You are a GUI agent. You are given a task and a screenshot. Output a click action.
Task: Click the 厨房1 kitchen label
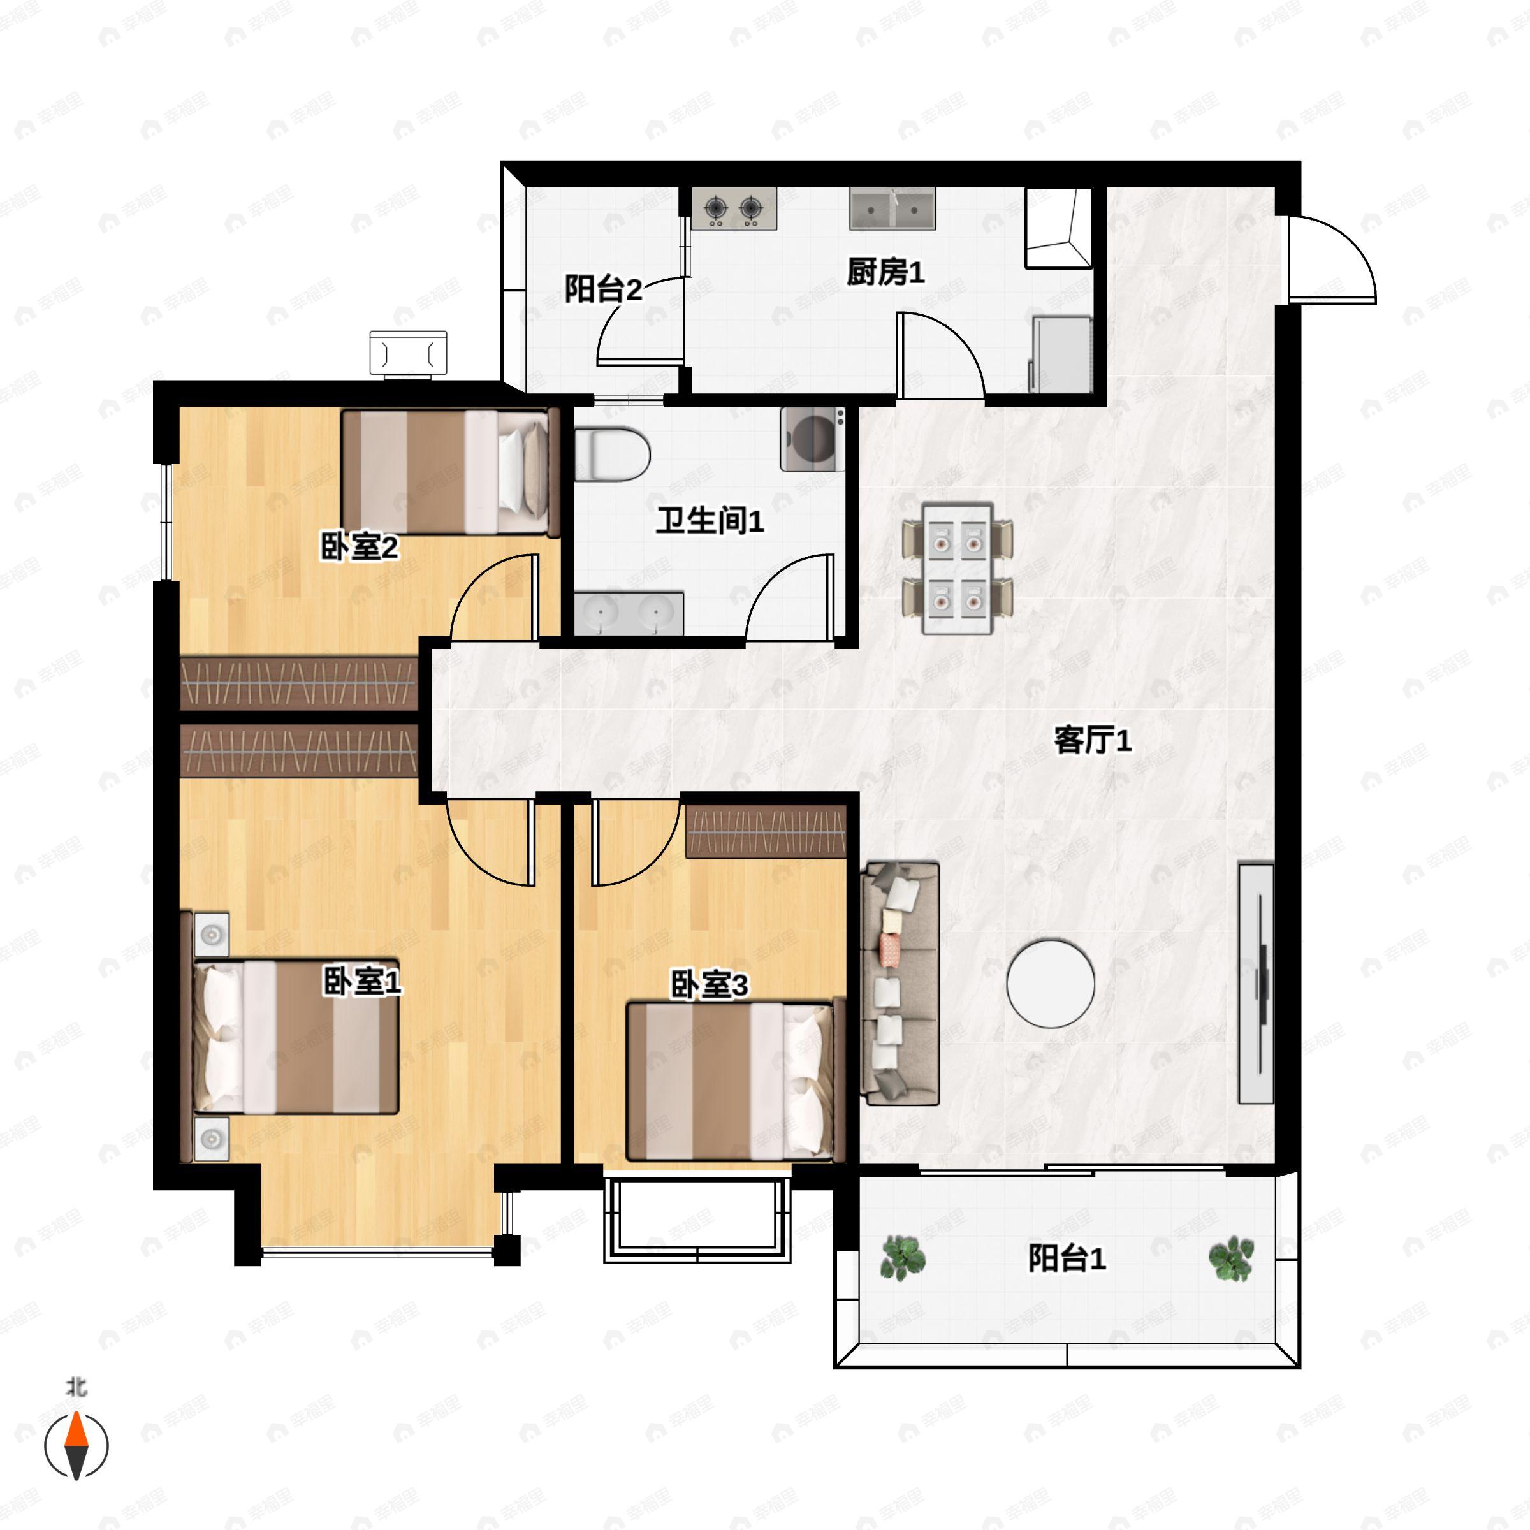[x=885, y=273]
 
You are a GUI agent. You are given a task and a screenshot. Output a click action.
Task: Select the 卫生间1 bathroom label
[x=710, y=521]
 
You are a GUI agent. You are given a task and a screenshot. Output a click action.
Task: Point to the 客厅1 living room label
[x=1093, y=740]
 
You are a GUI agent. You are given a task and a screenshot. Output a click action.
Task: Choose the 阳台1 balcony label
[x=1067, y=1258]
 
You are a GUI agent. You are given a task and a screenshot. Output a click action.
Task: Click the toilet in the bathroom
[x=612, y=455]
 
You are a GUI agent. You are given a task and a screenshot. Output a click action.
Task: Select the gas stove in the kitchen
[x=733, y=208]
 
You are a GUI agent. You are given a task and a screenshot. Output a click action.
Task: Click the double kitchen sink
[x=892, y=208]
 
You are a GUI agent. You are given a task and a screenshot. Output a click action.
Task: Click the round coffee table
[x=1050, y=984]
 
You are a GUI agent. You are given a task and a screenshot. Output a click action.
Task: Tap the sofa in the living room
[x=900, y=984]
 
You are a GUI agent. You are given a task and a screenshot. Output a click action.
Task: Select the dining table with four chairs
[x=958, y=569]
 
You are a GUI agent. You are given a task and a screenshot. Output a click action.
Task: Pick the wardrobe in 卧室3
[x=766, y=831]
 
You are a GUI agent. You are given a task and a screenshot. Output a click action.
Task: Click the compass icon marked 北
[x=76, y=1442]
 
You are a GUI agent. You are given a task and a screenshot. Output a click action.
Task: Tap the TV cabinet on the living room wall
[x=1256, y=984]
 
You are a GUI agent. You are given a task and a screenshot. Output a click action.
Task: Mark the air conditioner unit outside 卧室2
[x=409, y=353]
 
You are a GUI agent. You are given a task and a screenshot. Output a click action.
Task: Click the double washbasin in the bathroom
[x=629, y=612]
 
